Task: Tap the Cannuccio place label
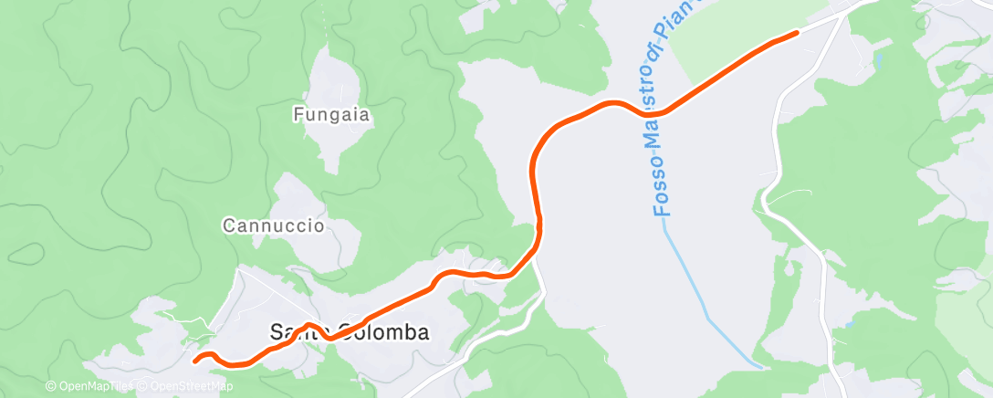(274, 225)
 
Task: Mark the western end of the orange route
(196, 360)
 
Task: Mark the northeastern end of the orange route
(796, 33)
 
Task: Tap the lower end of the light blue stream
(760, 367)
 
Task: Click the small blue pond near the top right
(878, 60)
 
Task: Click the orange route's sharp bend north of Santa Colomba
(539, 224)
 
